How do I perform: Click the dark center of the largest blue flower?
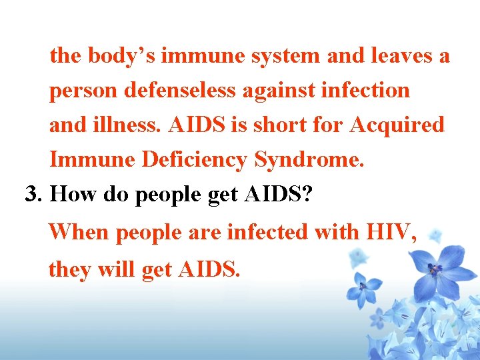[435, 269]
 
